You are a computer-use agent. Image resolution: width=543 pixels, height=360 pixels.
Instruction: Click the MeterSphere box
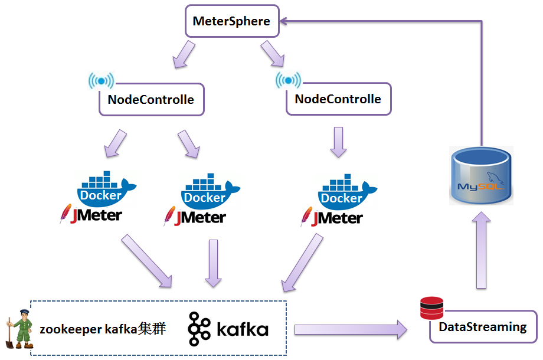pyautogui.click(x=231, y=21)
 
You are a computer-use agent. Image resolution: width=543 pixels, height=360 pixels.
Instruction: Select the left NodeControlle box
pyautogui.click(x=151, y=99)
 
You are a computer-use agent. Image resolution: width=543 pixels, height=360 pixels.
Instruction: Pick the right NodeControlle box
pyautogui.click(x=338, y=99)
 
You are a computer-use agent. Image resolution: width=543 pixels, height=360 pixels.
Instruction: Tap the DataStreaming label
pyautogui.click(x=483, y=326)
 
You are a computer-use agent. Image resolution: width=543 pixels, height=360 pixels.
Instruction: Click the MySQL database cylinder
pyautogui.click(x=481, y=175)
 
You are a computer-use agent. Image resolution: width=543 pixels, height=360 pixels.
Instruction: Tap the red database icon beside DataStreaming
pyautogui.click(x=431, y=307)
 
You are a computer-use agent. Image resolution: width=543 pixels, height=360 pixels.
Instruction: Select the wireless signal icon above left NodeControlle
pyautogui.click(x=101, y=81)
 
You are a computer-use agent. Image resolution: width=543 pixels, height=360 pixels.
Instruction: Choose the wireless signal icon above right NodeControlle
pyautogui.click(x=288, y=80)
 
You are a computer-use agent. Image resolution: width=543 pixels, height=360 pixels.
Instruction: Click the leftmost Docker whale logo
pyautogui.click(x=104, y=188)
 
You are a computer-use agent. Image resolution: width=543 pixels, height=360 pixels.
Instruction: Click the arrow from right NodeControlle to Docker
pyautogui.click(x=338, y=142)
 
